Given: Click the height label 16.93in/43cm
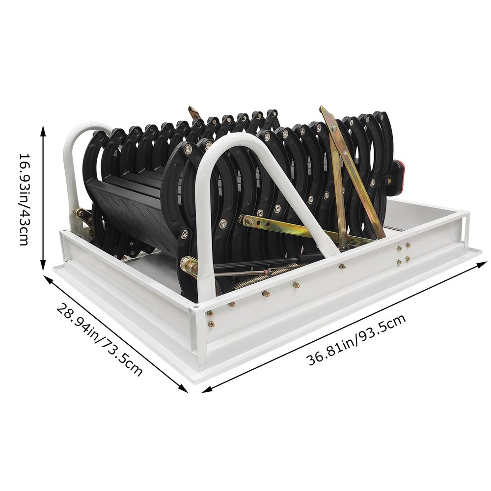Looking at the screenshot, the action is pyautogui.click(x=24, y=199).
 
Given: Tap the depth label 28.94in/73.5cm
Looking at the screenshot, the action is pyautogui.click(x=100, y=339).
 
